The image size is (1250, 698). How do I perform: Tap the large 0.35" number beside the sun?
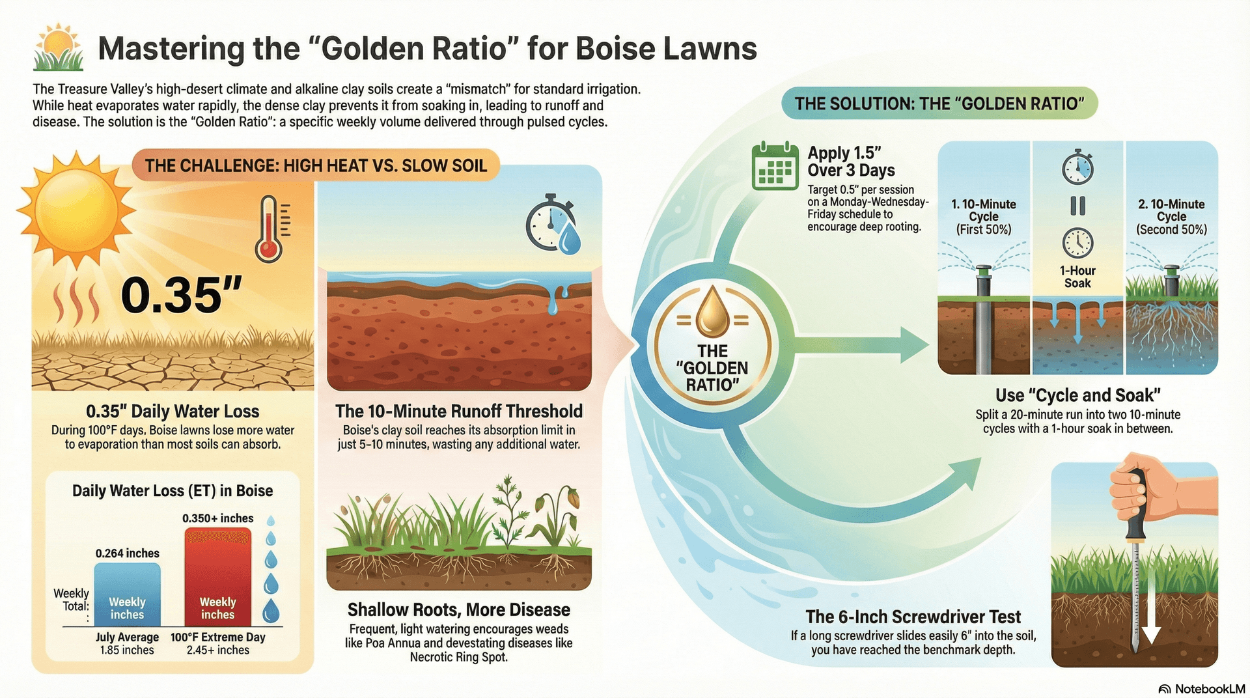coord(181,295)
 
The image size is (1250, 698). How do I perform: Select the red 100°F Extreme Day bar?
coord(217,576)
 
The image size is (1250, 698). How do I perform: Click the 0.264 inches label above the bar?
coord(127,553)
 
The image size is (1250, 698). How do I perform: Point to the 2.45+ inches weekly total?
coord(217,650)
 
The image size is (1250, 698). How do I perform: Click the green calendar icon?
coord(775,167)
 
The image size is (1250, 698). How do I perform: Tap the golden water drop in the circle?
coord(712,313)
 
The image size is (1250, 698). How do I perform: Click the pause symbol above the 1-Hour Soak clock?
coord(1077,206)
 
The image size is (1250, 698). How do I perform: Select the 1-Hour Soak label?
coord(1077,277)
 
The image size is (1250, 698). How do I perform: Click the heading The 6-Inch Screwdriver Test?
coord(913,617)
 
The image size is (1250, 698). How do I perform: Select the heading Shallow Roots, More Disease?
coord(458,610)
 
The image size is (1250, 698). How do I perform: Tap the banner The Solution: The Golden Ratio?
coord(939,104)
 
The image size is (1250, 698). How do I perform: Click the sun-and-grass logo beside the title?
coord(59,48)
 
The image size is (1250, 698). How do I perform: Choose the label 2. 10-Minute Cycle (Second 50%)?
coord(1171,217)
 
